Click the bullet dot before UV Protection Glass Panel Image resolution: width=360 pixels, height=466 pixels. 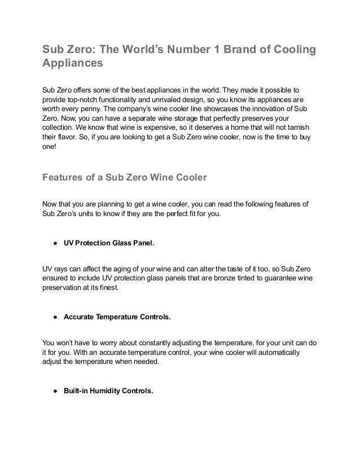54,244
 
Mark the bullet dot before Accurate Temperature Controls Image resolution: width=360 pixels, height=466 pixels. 54,318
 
